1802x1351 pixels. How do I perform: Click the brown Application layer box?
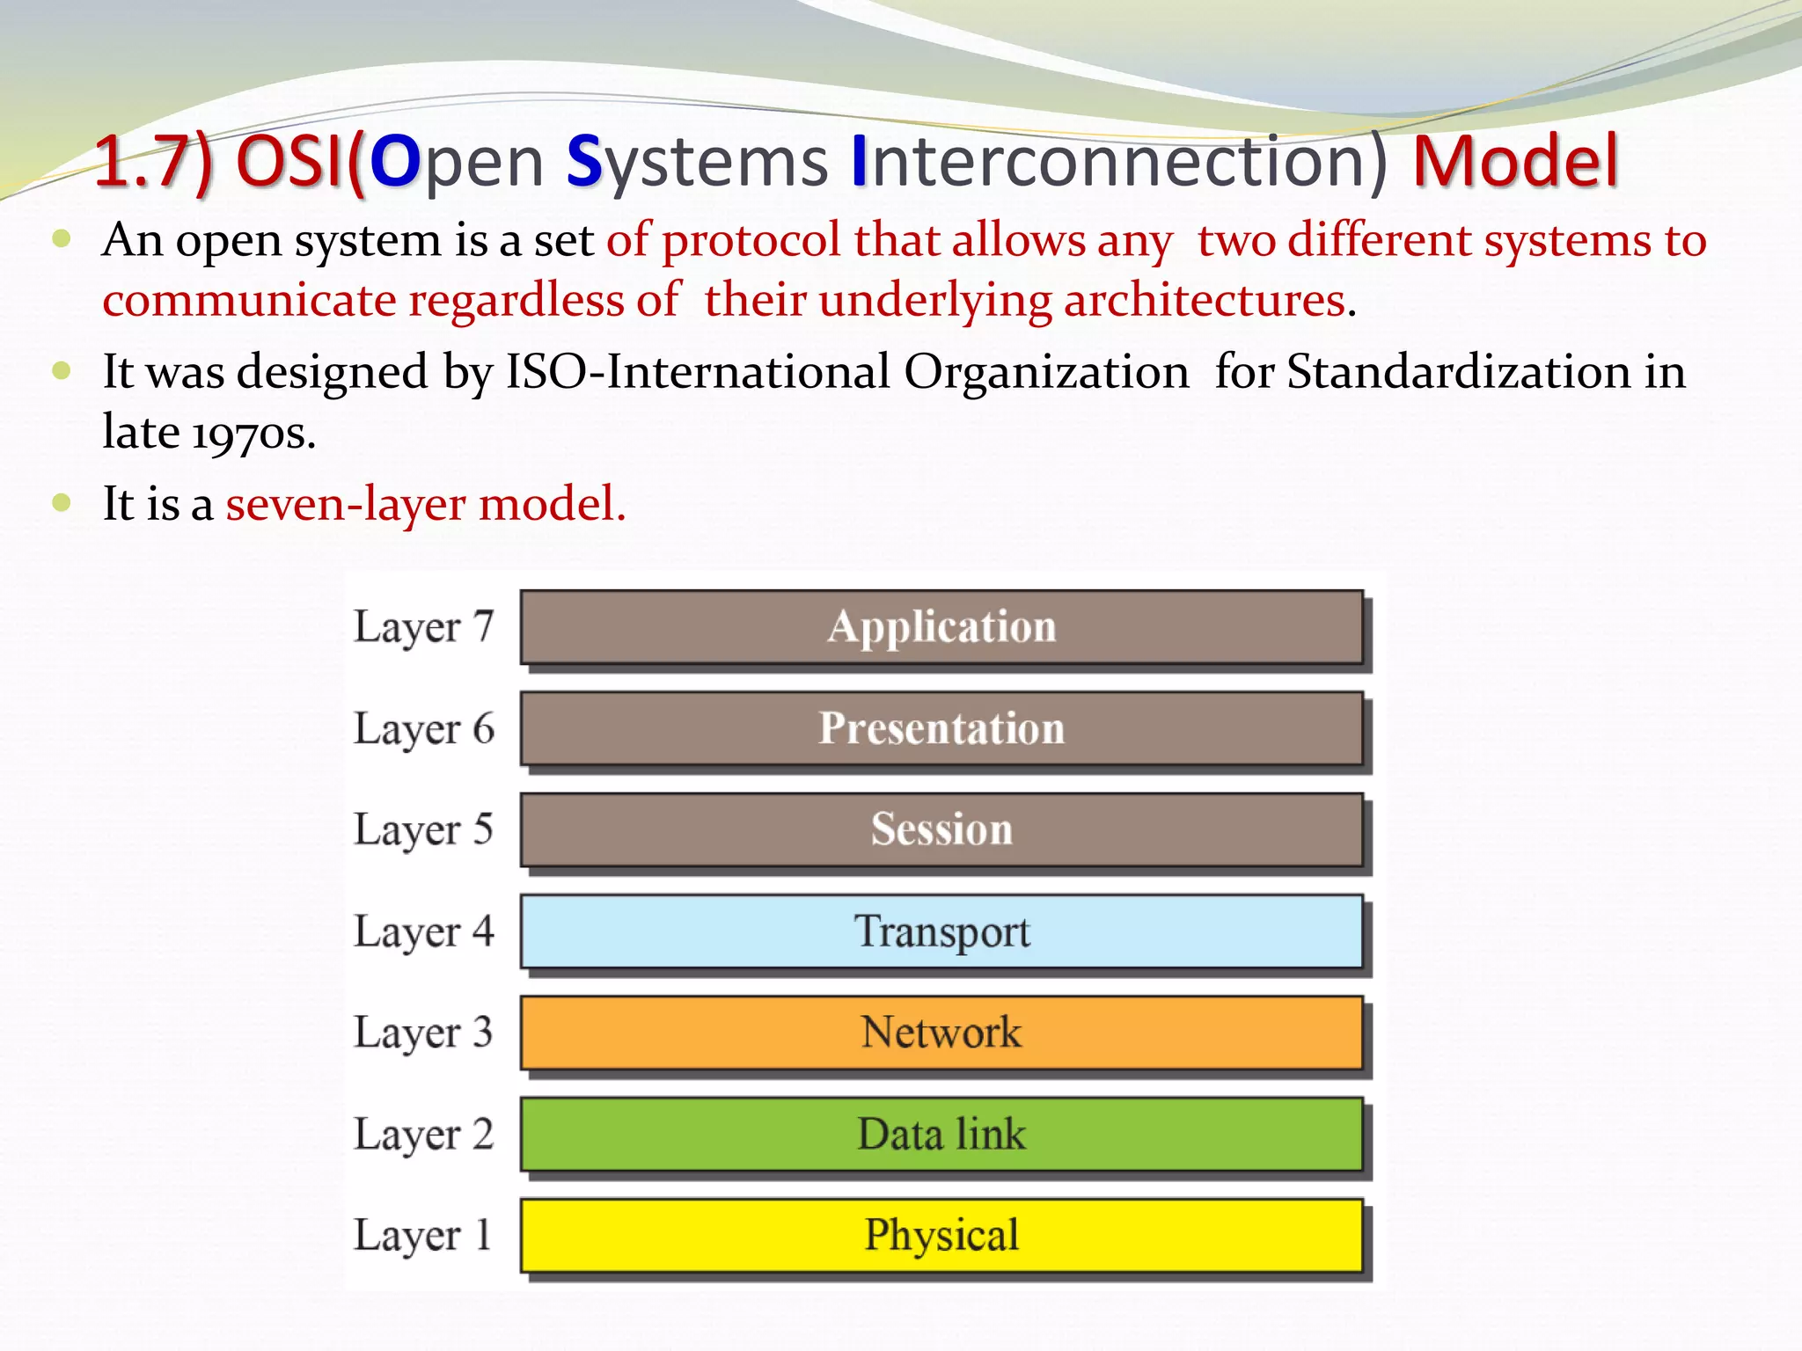click(941, 627)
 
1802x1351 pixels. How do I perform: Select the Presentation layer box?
click(941, 728)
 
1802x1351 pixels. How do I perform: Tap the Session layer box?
click(941, 829)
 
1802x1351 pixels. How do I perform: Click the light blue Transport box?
click(941, 931)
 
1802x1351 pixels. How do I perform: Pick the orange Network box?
click(941, 1033)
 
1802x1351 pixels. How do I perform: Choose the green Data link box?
click(941, 1134)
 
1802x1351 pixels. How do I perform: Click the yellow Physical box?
click(941, 1235)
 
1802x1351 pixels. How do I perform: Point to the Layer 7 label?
click(423, 628)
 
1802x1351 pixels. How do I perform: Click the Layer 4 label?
click(423, 932)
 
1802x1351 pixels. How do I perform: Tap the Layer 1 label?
click(423, 1236)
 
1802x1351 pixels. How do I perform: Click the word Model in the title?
click(1515, 161)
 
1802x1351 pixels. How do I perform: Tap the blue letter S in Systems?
click(583, 161)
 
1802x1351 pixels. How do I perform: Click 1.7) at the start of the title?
click(155, 161)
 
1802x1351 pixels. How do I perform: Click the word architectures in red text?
click(1205, 300)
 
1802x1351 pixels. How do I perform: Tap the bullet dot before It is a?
click(61, 502)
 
